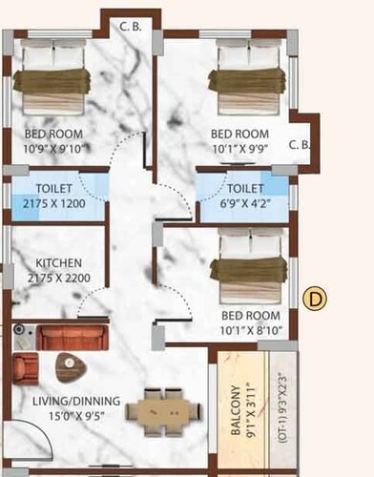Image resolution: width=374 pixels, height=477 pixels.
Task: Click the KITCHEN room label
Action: [x=58, y=262]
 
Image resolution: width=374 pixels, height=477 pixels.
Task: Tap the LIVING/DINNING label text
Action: [x=60, y=401]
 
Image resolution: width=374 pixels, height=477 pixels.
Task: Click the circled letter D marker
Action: [x=315, y=299]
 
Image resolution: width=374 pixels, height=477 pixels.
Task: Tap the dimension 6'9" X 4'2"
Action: [x=245, y=202]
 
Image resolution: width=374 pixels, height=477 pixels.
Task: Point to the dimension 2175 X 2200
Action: [x=58, y=278]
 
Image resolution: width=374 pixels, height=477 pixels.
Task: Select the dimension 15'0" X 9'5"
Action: [x=60, y=416]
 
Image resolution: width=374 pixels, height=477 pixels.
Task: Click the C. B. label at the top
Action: [x=131, y=27]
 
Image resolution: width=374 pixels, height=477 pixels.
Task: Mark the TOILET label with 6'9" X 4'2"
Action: [x=245, y=189]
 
